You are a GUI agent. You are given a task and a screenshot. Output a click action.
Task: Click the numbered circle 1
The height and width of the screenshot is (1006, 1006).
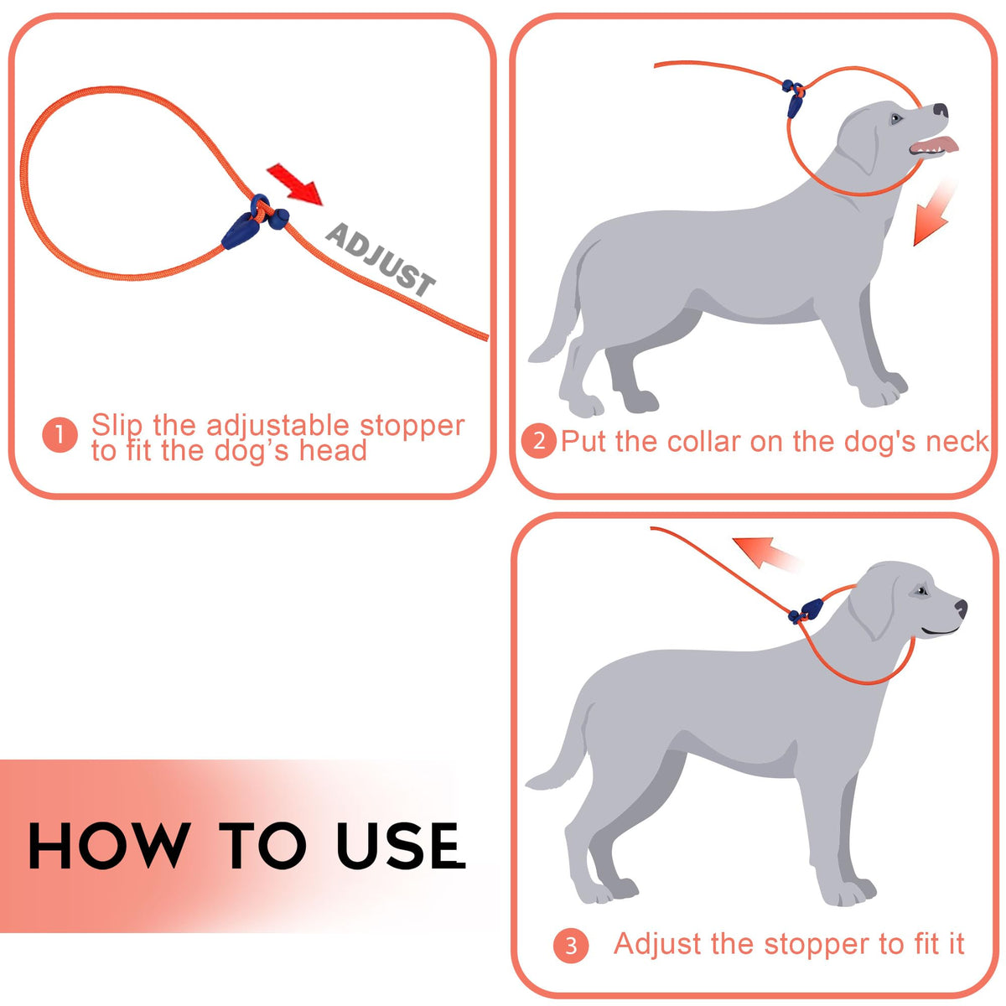coord(60,435)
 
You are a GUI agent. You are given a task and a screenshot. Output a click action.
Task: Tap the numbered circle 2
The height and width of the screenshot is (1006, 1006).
coord(539,441)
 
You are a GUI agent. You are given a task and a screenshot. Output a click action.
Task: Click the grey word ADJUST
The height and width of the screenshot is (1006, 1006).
coord(380,259)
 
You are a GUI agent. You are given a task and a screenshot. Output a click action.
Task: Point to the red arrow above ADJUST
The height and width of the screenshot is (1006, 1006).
coord(295,184)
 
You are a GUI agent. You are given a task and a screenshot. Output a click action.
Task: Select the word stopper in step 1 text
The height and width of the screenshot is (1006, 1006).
coord(412,427)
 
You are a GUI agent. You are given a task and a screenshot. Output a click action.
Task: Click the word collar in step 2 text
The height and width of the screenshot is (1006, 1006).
coord(703,442)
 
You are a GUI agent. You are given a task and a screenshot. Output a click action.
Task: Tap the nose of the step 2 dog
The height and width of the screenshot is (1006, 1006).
coord(941,110)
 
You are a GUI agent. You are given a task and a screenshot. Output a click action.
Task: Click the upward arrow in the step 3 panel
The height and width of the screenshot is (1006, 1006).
coord(764,552)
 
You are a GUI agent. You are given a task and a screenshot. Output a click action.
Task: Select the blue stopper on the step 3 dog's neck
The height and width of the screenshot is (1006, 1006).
coord(806,611)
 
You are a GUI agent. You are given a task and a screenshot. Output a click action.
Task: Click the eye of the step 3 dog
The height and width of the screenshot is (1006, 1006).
coord(922,592)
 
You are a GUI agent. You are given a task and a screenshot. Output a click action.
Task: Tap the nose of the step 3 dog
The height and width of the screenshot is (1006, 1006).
coord(961,608)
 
